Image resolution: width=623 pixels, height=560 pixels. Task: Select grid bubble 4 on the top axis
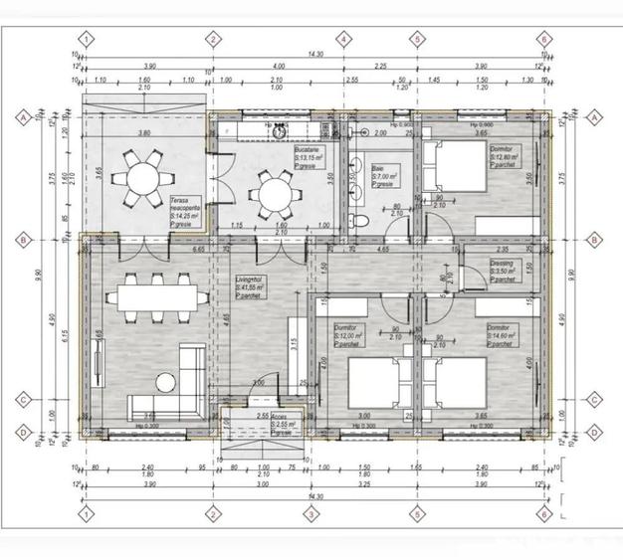pos(343,40)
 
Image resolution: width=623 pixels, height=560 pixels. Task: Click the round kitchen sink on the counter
pos(282,130)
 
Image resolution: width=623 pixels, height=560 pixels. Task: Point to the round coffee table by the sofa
pos(164,381)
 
